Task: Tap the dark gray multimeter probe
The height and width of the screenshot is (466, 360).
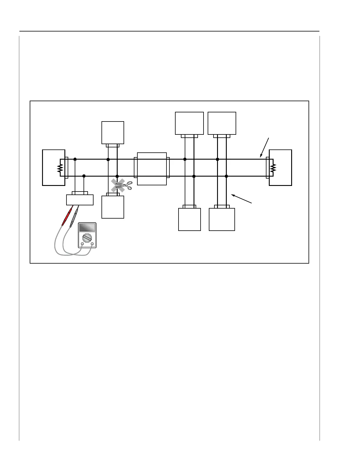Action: (x=74, y=217)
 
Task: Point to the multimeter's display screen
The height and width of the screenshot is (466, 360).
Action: (x=87, y=227)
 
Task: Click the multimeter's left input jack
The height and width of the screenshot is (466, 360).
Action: (x=82, y=244)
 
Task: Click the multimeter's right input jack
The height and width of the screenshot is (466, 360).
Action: (x=92, y=244)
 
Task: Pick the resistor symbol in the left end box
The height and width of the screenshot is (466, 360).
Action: (x=60, y=168)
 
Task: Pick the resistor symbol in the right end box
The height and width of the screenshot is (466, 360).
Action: (x=273, y=168)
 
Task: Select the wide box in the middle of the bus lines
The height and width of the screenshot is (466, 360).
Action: (x=152, y=169)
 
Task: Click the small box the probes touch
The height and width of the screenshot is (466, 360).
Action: (x=80, y=200)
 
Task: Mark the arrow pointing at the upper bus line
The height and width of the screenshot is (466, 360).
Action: (x=264, y=147)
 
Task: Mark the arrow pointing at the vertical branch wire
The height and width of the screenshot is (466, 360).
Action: (x=241, y=199)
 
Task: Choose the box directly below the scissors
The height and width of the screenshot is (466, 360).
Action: (x=113, y=207)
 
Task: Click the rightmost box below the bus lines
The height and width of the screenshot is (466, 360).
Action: (x=222, y=219)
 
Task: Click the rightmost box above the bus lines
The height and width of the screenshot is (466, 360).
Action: (x=222, y=123)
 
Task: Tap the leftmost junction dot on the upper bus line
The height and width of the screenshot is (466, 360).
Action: (x=75, y=159)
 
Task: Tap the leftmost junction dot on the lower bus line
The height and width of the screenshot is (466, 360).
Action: (x=84, y=176)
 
